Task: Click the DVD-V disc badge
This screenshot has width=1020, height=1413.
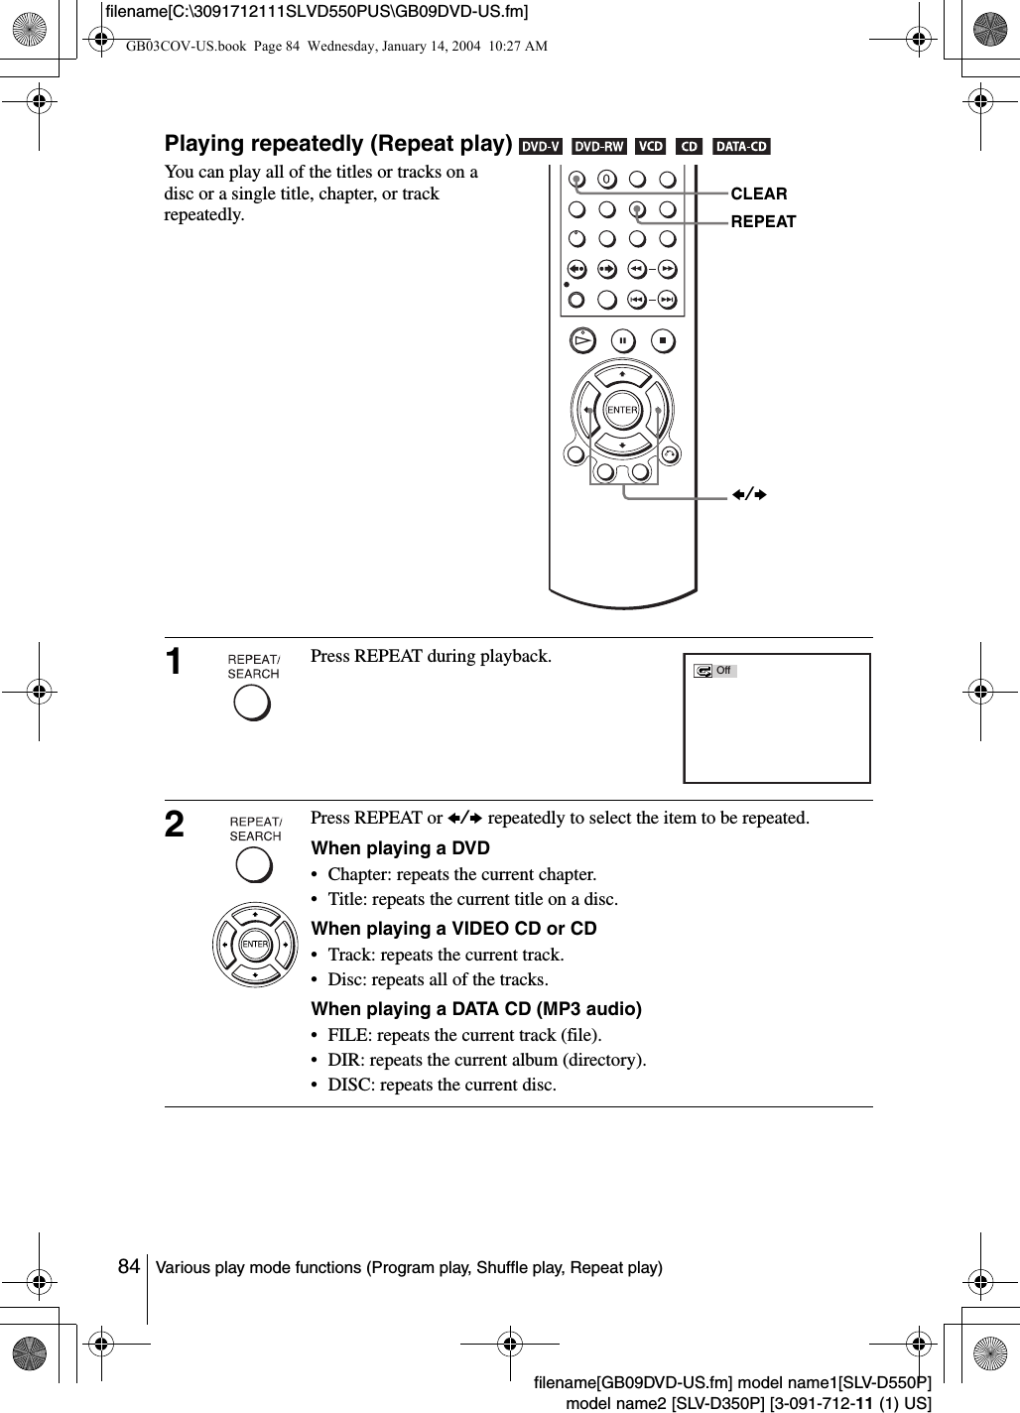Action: coord(541,147)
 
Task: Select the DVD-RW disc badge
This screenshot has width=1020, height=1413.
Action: coord(599,147)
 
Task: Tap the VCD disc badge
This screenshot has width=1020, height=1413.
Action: coord(651,147)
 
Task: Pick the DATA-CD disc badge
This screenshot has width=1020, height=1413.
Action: coord(741,147)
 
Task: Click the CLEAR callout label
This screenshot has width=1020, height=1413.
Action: coord(759,194)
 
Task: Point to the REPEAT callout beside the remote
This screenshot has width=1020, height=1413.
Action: coord(763,222)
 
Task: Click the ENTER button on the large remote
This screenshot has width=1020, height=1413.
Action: coord(622,410)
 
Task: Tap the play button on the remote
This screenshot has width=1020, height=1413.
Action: coord(582,341)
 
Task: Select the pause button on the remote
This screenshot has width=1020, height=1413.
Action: coord(622,341)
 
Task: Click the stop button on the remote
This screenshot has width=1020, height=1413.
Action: coord(663,341)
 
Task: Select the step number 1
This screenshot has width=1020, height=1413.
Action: coord(175,662)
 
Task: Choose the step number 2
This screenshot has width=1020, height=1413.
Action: coord(175,825)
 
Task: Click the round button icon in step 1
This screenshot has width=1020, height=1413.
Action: coord(253,702)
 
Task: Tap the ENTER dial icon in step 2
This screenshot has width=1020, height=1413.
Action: coord(255,944)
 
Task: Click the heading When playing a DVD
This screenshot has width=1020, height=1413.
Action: coord(400,848)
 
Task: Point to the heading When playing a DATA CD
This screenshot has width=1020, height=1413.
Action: coord(476,1009)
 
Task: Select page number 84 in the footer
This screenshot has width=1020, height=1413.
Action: coord(128,1267)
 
